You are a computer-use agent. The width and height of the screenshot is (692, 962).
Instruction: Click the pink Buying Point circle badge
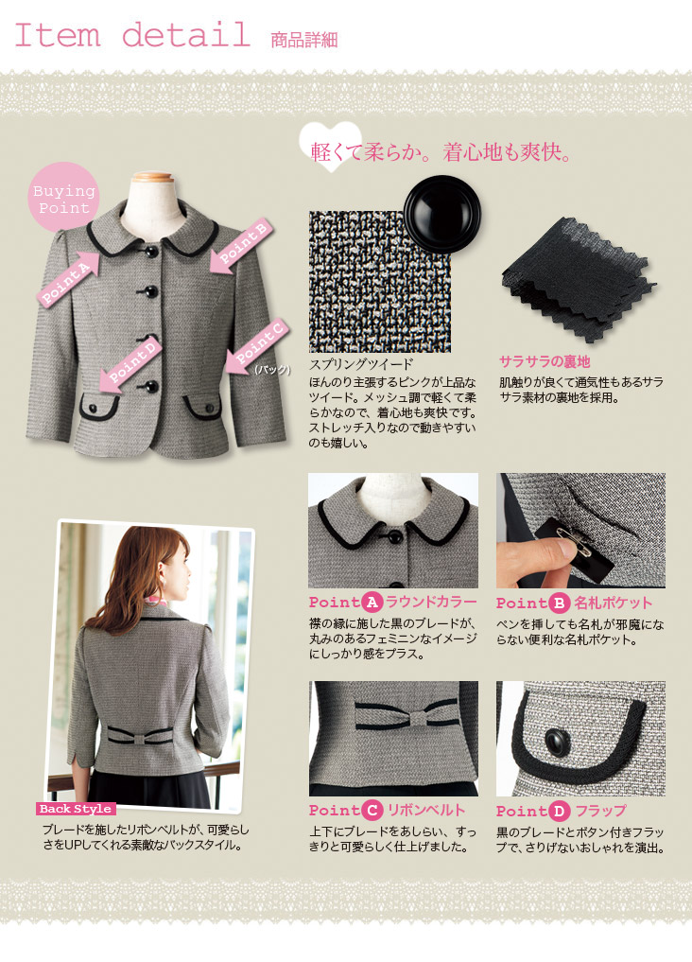coord(63,198)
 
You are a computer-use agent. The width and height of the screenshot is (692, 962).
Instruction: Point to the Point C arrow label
coord(257,346)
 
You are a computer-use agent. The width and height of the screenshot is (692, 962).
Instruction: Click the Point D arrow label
coord(130,363)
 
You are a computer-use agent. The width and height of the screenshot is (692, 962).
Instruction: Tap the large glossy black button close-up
coord(441,214)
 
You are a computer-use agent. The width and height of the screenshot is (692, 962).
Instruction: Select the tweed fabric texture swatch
coord(380,282)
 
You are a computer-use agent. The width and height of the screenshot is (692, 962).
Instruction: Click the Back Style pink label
coord(76,809)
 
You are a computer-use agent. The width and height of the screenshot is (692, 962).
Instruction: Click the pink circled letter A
coord(372,603)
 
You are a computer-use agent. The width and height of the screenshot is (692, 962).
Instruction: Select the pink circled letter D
coord(560,811)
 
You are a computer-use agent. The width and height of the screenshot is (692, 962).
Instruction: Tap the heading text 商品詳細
coord(304,40)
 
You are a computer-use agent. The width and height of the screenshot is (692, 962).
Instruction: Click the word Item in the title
coord(57,34)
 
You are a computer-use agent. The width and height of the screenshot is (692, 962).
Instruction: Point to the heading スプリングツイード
coord(362,364)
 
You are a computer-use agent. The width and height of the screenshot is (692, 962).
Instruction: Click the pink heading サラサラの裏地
coord(545,361)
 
